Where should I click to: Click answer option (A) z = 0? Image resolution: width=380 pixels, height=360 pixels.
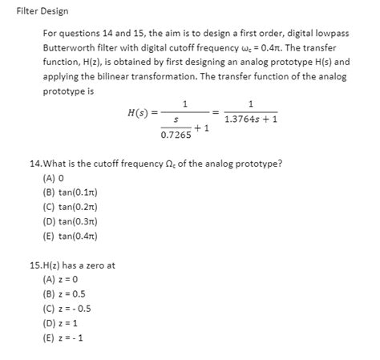[61, 281]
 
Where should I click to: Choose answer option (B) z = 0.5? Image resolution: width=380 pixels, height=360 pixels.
[65, 295]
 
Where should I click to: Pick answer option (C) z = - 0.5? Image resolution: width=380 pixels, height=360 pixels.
[67, 309]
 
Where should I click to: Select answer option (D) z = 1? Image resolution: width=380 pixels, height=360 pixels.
[61, 324]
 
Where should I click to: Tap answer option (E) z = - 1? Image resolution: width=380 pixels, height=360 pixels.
[64, 338]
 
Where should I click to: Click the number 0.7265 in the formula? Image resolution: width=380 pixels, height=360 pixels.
[176, 136]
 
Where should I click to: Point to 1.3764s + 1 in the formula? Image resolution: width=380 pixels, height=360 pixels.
[251, 120]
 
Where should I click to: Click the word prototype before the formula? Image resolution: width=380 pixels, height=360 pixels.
[64, 91]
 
